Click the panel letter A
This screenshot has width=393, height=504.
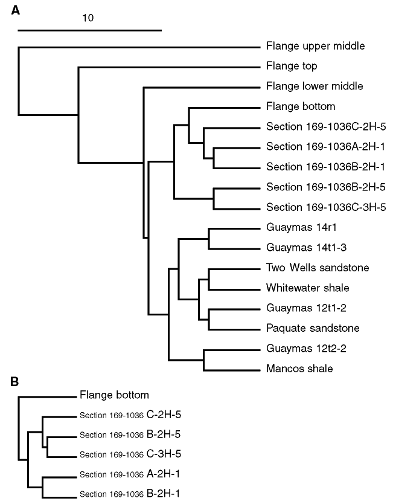pyautogui.click(x=16, y=11)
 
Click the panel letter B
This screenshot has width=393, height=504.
pyautogui.click(x=14, y=381)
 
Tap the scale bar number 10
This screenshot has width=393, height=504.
pyautogui.click(x=88, y=18)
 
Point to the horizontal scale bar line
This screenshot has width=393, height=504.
pyautogui.click(x=89, y=31)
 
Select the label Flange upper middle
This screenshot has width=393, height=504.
pyautogui.click(x=315, y=47)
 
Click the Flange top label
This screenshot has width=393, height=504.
pyautogui.click(x=292, y=66)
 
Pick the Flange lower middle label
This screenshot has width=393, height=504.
pyautogui.click(x=315, y=86)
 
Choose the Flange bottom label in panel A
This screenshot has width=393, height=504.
pyautogui.click(x=301, y=106)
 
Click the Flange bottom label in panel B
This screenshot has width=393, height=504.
pyautogui.click(x=114, y=395)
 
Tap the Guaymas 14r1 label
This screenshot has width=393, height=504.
pyautogui.click(x=301, y=228)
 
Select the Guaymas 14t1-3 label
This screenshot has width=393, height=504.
pyautogui.click(x=306, y=248)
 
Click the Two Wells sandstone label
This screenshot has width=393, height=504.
pyautogui.click(x=318, y=268)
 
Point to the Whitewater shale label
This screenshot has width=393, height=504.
pyautogui.click(x=308, y=288)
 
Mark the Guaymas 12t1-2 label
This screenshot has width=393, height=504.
pyautogui.click(x=306, y=308)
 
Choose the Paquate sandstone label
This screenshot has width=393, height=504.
pyautogui.click(x=313, y=328)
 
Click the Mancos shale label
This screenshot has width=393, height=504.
pyautogui.click(x=299, y=369)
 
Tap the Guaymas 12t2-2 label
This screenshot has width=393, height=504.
pyautogui.click(x=306, y=349)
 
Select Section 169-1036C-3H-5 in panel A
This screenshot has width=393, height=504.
pyautogui.click(x=326, y=207)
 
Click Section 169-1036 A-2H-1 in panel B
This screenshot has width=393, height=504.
pyautogui.click(x=130, y=474)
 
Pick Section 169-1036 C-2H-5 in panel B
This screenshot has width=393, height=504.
pyautogui.click(x=130, y=415)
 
